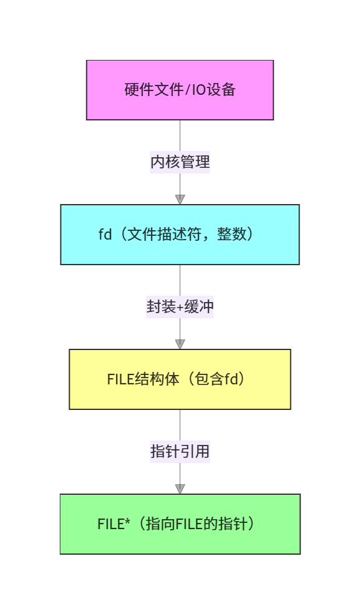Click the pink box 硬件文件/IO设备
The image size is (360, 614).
click(180, 90)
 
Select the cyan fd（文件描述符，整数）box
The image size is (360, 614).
click(180, 235)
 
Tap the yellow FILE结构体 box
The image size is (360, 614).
click(180, 379)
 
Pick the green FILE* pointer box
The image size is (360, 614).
click(180, 524)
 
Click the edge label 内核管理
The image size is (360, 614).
click(180, 162)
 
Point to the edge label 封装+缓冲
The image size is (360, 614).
click(180, 306)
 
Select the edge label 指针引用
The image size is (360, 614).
click(180, 451)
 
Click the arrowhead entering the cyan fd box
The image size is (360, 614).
click(180, 199)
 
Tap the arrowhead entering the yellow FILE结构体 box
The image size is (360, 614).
click(180, 344)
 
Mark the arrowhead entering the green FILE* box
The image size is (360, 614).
click(180, 489)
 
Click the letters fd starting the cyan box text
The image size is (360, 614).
click(105, 235)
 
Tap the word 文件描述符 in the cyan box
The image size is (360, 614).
click(164, 235)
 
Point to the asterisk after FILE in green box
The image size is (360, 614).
click(127, 521)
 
